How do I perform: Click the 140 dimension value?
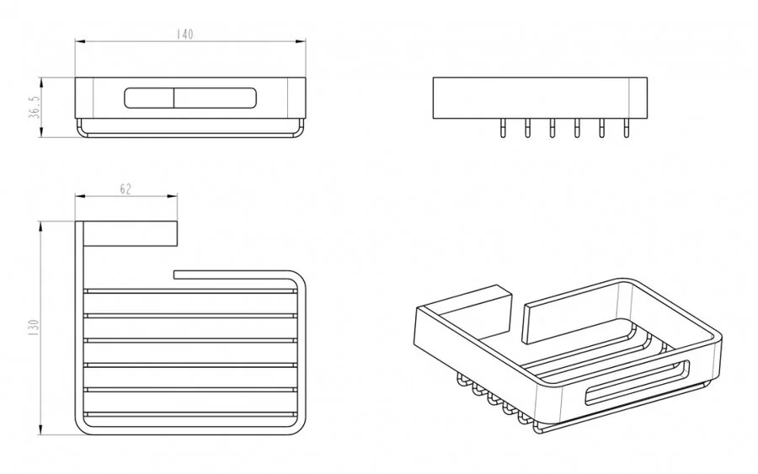click(184, 34)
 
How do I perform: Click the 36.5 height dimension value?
click(35, 107)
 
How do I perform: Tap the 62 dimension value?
click(125, 189)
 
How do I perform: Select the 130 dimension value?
click(34, 328)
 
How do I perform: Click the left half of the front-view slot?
click(149, 99)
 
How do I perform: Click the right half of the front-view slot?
click(215, 99)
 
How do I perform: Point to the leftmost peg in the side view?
click(504, 128)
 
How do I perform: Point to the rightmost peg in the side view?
click(627, 128)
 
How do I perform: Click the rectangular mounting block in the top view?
click(131, 234)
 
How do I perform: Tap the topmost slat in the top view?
click(189, 291)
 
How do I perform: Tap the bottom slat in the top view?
click(189, 414)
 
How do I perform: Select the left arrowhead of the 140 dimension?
click(80, 41)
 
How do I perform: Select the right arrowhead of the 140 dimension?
click(301, 41)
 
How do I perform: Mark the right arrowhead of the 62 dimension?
click(172, 196)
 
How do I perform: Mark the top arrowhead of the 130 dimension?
click(41, 226)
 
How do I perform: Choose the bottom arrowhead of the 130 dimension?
click(41, 429)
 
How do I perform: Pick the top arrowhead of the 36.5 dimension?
click(41, 83)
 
